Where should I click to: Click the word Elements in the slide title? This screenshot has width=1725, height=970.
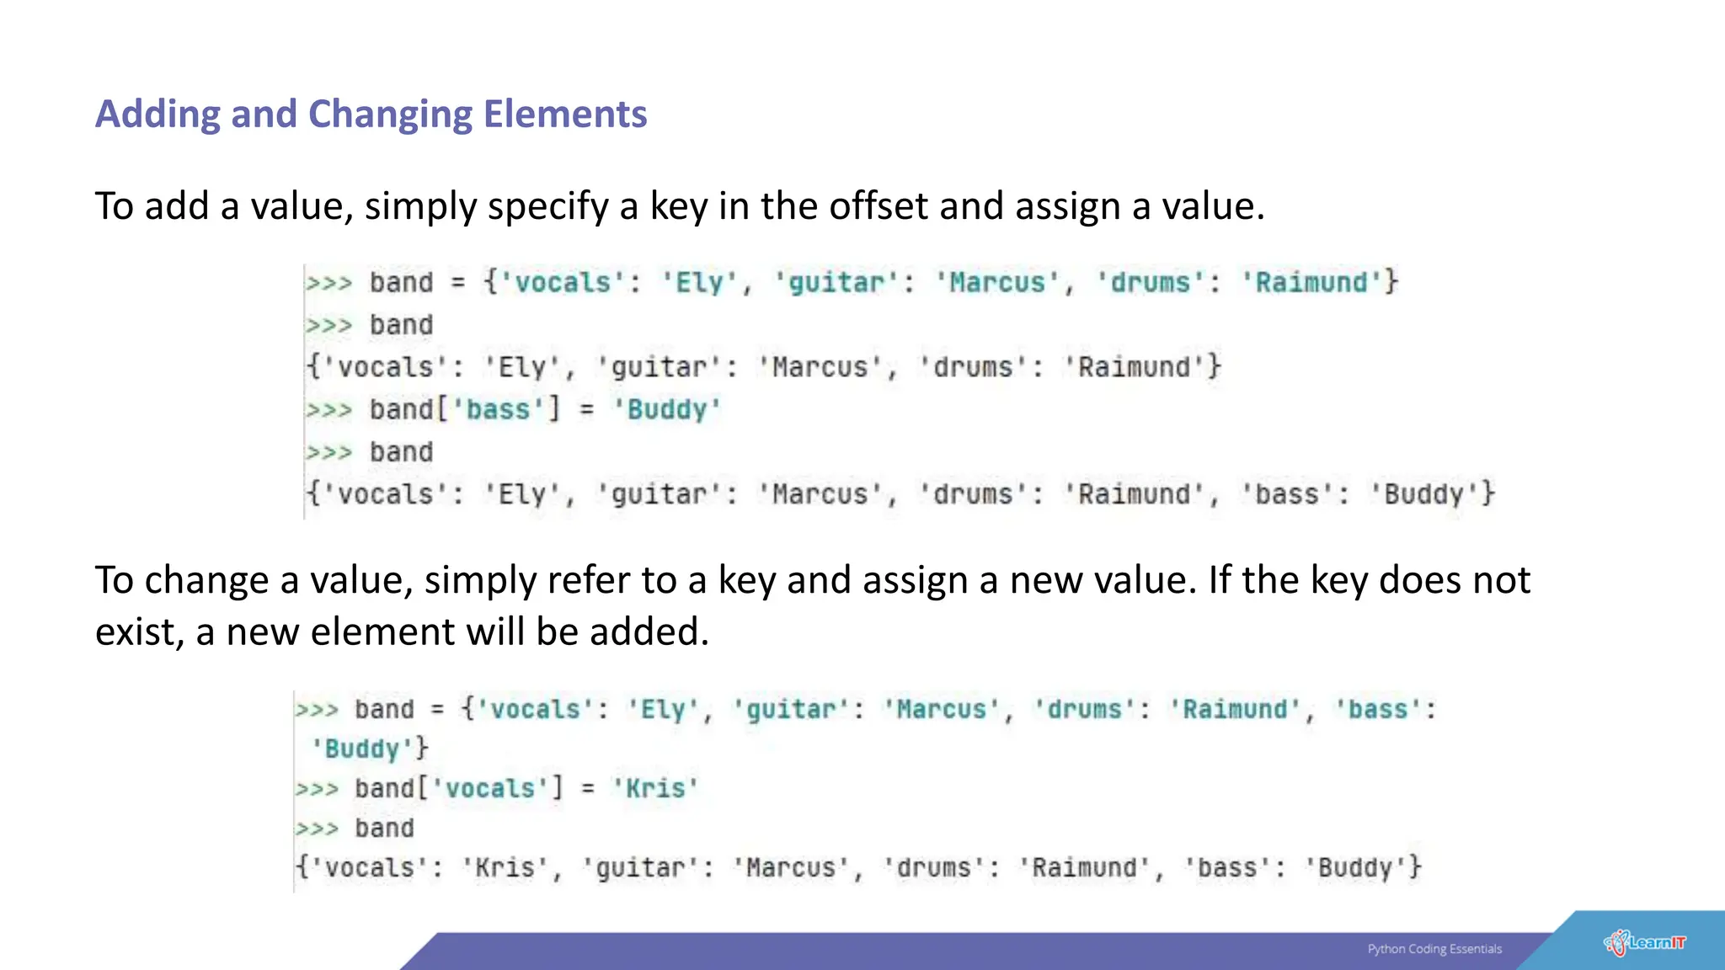click(x=565, y=115)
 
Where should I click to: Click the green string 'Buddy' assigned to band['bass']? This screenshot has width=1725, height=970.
click(x=666, y=410)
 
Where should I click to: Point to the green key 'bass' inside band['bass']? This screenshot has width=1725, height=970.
click(x=499, y=410)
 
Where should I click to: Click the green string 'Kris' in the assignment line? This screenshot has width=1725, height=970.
click(x=655, y=788)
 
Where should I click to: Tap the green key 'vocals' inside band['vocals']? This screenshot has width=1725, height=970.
click(x=490, y=788)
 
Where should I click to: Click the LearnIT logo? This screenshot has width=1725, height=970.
click(x=1645, y=942)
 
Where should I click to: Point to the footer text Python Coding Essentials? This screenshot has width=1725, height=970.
click(x=1434, y=949)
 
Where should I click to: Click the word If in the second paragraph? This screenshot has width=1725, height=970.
click(x=1219, y=580)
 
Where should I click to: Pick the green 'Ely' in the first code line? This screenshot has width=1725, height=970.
click(x=700, y=283)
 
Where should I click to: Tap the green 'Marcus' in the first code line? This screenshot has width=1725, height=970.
click(x=997, y=283)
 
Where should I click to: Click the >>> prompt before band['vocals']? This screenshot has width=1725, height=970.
click(x=317, y=789)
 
